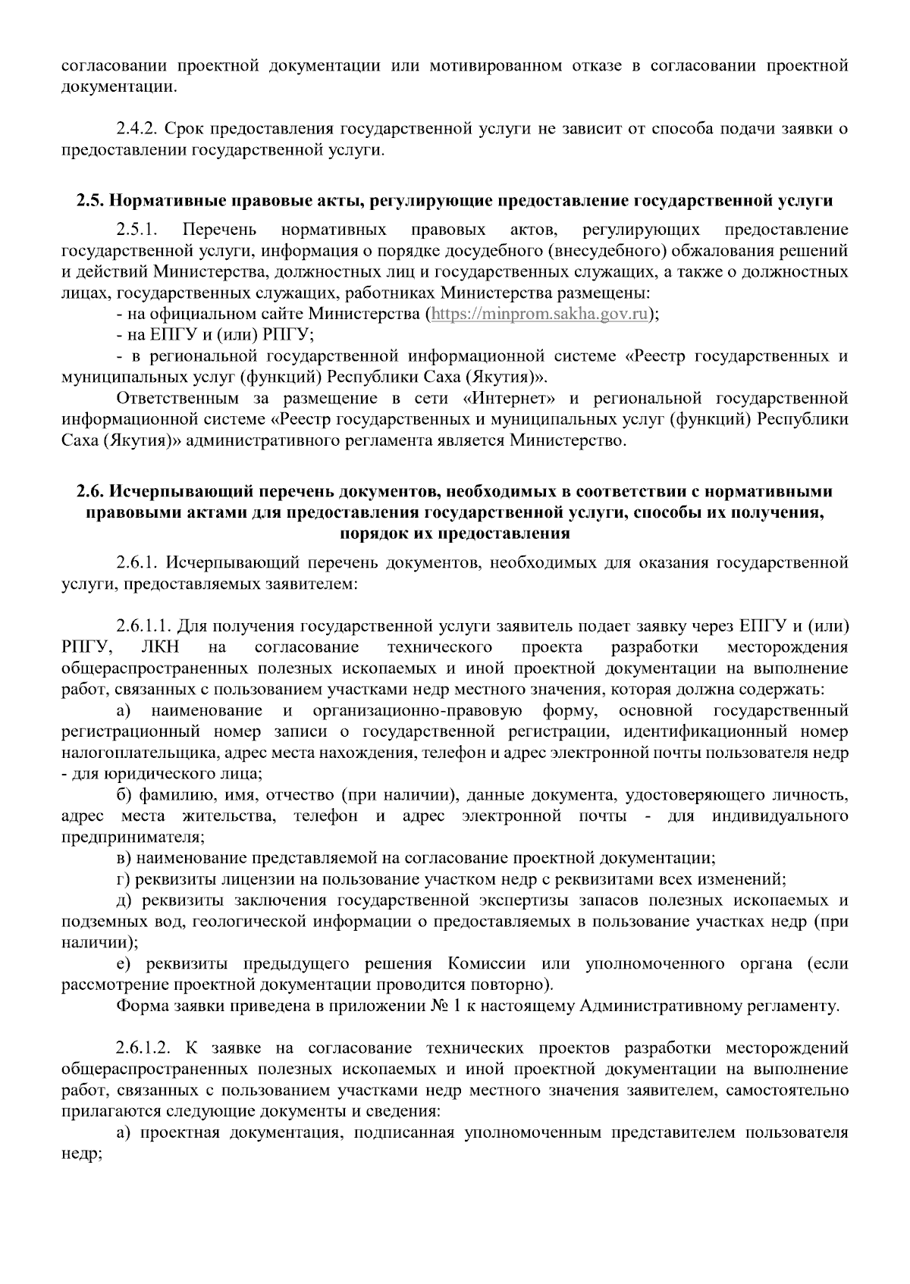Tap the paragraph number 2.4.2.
click(136, 130)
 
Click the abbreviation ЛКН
click(161, 647)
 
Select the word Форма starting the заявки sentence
click(141, 1007)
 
